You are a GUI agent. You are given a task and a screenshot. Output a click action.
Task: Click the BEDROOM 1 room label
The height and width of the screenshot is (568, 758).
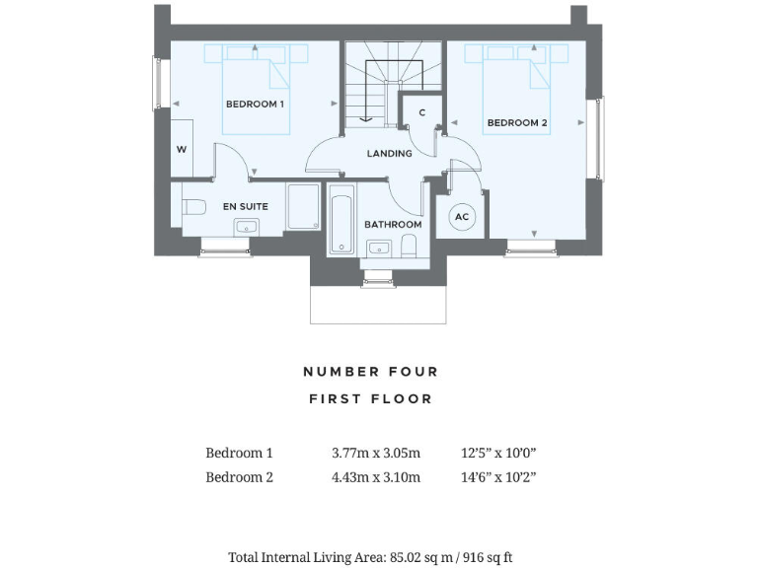pos(255,104)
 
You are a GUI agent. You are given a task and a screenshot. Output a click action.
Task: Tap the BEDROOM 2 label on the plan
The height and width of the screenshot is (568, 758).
pos(516,123)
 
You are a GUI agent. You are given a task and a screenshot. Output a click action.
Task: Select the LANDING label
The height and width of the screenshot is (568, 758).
pos(389,154)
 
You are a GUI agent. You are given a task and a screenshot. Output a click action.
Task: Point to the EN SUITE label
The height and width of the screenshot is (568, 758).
pos(245,207)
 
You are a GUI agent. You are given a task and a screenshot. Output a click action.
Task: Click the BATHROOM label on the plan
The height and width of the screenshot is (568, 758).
pos(393,225)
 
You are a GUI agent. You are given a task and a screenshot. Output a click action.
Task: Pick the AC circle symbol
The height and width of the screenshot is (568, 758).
pos(461,217)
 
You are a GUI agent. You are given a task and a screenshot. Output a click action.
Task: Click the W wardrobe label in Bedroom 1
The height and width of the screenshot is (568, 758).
pos(182,150)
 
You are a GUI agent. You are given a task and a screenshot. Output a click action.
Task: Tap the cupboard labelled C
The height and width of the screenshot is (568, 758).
pos(421,113)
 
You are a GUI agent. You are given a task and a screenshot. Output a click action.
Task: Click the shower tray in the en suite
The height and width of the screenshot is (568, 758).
pos(303,207)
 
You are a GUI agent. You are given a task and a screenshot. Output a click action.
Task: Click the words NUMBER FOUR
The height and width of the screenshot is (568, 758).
pos(370,372)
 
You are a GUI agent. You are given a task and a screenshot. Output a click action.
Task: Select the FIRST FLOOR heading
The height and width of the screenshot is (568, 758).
pos(370,399)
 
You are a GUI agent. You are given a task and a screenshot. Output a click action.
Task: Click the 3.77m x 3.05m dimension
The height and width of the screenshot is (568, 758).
pos(376,454)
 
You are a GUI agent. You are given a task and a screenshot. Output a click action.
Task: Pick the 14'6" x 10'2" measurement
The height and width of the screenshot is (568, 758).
pos(497,477)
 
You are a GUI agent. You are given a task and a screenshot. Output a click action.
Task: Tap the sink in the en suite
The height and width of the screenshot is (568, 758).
pos(246,228)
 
